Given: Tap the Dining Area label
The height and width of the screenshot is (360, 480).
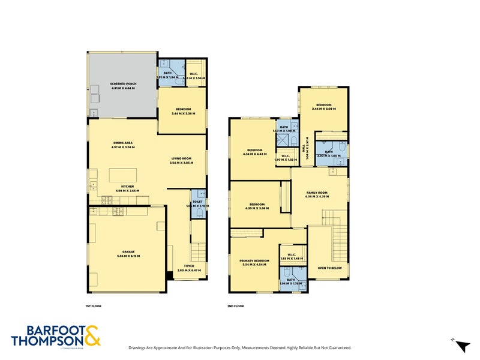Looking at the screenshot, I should [x=123, y=144].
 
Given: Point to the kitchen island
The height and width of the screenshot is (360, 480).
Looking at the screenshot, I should [x=123, y=175].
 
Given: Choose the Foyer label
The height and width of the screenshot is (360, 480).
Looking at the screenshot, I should [x=181, y=268].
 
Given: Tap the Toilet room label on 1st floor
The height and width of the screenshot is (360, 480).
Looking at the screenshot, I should [x=197, y=203].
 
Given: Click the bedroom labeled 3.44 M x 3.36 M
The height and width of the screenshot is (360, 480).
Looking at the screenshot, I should [x=182, y=110].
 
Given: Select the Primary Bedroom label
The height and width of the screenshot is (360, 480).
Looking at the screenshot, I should [x=254, y=262].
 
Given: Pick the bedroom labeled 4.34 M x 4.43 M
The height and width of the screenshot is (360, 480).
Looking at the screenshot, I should [x=256, y=152].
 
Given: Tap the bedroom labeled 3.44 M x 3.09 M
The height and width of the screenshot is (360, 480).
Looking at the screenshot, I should [x=323, y=106].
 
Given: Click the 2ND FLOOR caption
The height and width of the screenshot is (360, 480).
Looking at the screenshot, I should [x=236, y=306].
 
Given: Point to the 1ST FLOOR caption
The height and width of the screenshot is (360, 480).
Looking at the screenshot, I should [x=94, y=306].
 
